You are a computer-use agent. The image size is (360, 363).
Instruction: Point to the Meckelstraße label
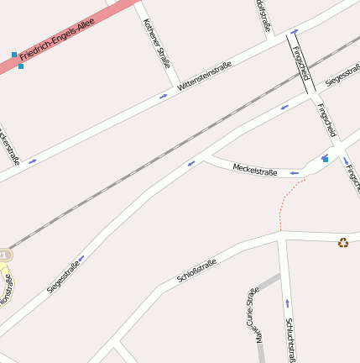(254, 171)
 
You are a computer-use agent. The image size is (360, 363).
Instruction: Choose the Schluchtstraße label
(290, 339)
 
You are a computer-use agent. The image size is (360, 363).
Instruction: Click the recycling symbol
(343, 243)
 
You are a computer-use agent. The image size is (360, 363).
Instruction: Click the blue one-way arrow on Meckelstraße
(294, 173)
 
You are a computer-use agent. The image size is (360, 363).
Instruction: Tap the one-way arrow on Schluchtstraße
(287, 302)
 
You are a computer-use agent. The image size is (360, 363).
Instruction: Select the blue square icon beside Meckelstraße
(326, 158)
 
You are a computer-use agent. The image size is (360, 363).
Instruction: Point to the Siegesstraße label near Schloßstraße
(64, 277)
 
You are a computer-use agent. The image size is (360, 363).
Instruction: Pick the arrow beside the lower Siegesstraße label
(81, 258)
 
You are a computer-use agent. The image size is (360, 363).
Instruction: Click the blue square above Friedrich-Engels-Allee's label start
(14, 55)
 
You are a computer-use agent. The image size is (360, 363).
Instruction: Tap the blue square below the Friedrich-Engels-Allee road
(21, 66)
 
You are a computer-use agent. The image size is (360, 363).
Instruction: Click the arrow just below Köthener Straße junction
(163, 96)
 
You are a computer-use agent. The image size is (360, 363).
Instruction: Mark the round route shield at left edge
(4, 254)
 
